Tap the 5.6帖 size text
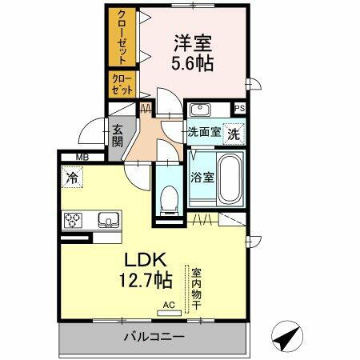(192, 64)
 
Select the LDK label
(144, 260)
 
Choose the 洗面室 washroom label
(204, 132)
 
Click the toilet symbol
(168, 198)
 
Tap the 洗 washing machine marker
(234, 134)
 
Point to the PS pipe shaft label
(239, 110)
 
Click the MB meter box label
(82, 157)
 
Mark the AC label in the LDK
(168, 305)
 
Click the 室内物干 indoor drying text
(194, 290)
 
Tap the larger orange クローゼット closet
(122, 38)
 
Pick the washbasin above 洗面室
(200, 110)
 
